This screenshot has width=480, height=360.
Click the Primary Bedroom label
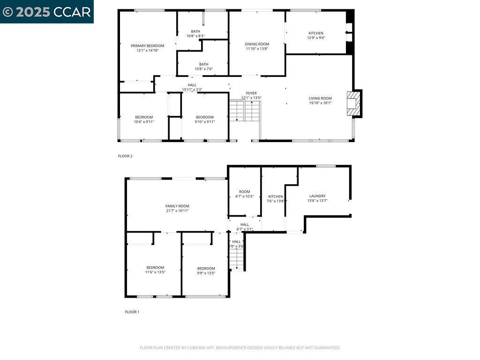pos(148,48)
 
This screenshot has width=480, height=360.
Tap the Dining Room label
pos(257,46)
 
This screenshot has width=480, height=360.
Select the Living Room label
pos(320,100)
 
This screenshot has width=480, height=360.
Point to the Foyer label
pos(251,95)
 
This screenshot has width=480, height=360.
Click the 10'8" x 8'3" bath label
pos(195,33)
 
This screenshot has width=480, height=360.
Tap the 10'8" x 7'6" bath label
pos(203,67)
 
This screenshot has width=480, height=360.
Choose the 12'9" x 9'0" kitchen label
pos(315,35)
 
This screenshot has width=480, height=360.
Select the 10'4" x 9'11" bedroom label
pos(144,119)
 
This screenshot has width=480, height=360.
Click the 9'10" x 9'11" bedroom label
pos(205,119)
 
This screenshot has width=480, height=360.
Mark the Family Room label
pos(177,208)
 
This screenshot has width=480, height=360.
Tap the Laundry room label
pos(317,198)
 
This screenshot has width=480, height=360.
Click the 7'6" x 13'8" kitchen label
pos(276,199)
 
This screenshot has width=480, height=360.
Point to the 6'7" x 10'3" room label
pos(244,194)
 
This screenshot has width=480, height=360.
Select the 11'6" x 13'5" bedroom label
pos(155,270)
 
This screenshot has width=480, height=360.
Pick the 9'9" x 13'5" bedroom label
pos(206,270)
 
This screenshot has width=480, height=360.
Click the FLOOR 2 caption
pos(125,156)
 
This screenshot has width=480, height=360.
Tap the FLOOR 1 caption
pos(132,312)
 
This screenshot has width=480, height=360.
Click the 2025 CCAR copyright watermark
pos(46,12)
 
